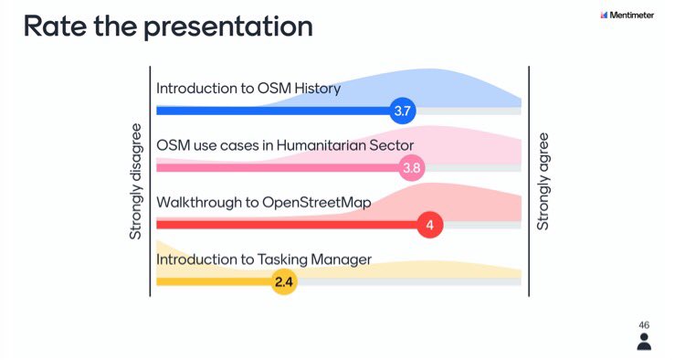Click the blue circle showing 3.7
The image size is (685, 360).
(403, 111)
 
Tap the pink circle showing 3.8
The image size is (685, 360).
(412, 168)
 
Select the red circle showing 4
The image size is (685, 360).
(429, 225)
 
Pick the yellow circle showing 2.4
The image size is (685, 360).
(284, 282)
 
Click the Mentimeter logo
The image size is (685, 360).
(631, 16)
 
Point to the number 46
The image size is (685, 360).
(644, 324)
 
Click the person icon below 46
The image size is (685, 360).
(644, 342)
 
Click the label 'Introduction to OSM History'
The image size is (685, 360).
(248, 89)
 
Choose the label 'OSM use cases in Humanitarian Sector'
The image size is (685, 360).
(285, 145)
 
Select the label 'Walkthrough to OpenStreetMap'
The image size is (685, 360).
(263, 202)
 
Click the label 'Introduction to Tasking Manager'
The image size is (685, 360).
(264, 259)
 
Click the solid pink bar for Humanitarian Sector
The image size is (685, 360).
(274, 168)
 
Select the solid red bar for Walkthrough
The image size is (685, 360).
(283, 225)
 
